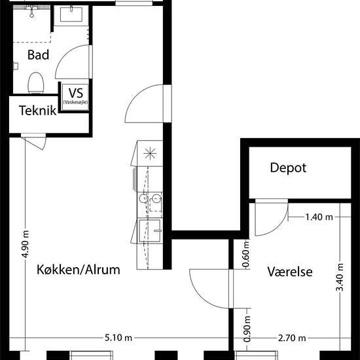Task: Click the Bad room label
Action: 39,55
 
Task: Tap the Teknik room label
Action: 38,111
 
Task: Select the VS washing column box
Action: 75,97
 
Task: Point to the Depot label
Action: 288,168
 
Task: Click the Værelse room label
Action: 290,272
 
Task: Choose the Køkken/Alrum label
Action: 79,270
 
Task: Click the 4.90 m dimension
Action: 26,244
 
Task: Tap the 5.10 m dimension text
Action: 118,338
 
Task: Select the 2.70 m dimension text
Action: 292,338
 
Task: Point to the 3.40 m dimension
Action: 340,277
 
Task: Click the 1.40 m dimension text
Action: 319,217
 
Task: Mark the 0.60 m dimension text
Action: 245,254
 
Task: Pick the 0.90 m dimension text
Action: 247,329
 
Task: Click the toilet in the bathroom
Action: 36,83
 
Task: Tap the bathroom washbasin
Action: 71,14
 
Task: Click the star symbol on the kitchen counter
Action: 150,153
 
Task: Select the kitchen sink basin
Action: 150,231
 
